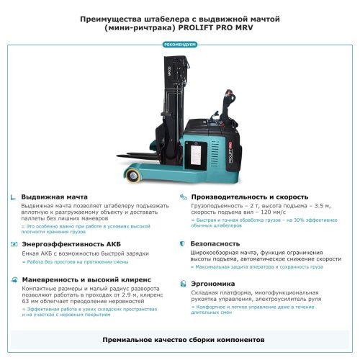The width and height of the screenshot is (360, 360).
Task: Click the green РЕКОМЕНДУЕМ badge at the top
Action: coord(179,45)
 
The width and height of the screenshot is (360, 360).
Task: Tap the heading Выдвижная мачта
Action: coord(55,197)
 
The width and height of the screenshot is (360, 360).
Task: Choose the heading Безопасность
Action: coord(215,244)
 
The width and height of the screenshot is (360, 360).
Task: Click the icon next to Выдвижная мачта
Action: coord(14,197)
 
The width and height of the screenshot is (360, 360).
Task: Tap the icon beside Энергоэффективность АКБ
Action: coord(14,244)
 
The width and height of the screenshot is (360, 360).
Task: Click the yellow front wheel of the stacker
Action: coord(133,174)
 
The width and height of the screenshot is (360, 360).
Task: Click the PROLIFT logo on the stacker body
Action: coord(222,150)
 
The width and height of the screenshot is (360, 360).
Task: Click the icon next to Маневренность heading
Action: coord(14,279)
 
